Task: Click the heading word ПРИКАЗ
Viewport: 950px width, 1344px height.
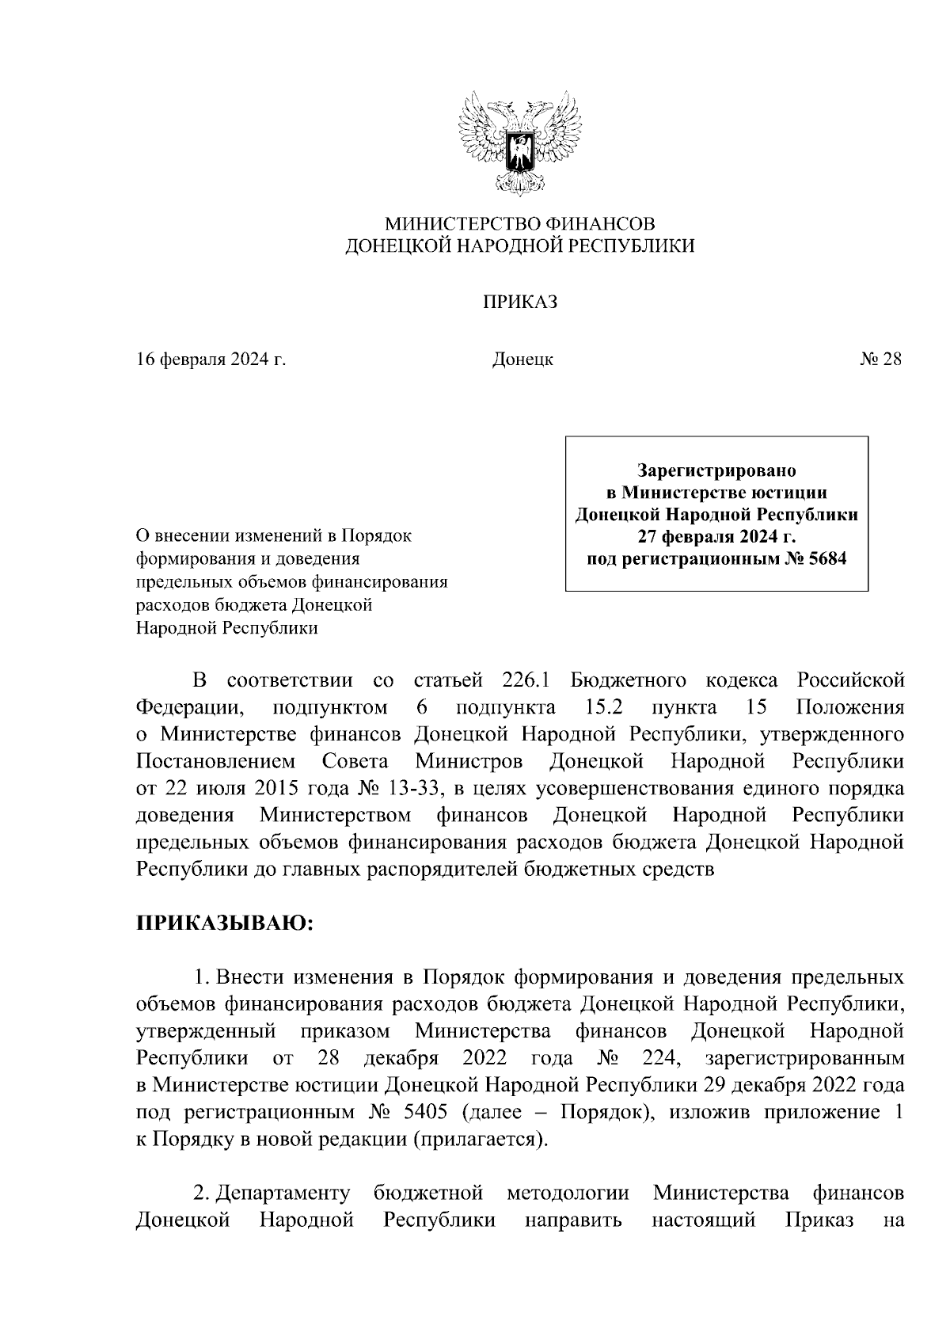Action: pyautogui.click(x=520, y=302)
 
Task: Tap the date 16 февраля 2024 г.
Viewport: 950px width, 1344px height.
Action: pyautogui.click(x=211, y=360)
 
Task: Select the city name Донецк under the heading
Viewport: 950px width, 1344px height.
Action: pyautogui.click(x=522, y=360)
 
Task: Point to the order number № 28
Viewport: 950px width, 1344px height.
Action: pyautogui.click(x=880, y=360)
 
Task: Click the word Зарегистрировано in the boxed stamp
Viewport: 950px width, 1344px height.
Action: pyautogui.click(x=716, y=471)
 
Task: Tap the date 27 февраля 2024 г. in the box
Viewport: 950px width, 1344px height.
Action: pyautogui.click(x=716, y=538)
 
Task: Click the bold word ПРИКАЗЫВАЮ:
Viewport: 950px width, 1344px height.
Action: pyautogui.click(x=226, y=923)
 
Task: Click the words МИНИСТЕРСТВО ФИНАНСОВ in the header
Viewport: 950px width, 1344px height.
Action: pyautogui.click(x=519, y=223)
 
